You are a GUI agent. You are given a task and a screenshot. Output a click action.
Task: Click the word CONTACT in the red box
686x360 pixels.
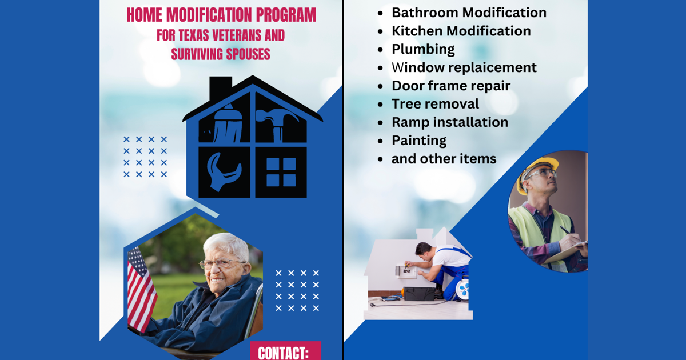coord(284,353)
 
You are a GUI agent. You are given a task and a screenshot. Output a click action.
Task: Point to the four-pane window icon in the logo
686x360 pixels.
coord(281,172)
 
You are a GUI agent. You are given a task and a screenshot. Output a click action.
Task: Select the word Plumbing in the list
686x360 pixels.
coord(423,49)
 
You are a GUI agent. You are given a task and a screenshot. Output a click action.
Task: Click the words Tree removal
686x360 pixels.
coord(435,104)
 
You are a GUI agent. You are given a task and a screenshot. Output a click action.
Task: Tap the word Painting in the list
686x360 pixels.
coord(419,141)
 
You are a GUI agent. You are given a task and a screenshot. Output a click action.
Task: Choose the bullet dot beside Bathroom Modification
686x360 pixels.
coord(381,13)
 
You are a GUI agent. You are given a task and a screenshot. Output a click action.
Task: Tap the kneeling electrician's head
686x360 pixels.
coord(424,250)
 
